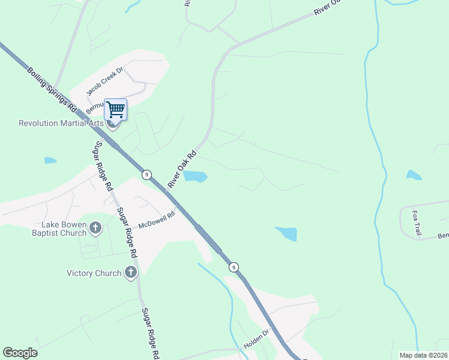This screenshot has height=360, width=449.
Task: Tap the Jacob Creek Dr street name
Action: [x=104, y=82]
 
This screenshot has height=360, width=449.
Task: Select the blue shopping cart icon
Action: [x=115, y=109]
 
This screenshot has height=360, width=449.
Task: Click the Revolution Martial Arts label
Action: [x=62, y=124]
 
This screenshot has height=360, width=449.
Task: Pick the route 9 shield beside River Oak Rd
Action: [x=146, y=174]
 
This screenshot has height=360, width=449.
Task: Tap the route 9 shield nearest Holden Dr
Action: [x=234, y=266]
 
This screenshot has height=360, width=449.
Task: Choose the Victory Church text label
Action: [x=94, y=273]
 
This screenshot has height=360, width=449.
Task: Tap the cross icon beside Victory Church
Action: [x=130, y=273]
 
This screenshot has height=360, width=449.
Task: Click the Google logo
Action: [x=20, y=353]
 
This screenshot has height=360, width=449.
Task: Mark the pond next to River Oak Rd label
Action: [x=194, y=176]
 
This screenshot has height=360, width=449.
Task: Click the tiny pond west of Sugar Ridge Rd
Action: [x=50, y=161]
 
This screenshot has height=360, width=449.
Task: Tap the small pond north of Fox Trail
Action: [x=414, y=175]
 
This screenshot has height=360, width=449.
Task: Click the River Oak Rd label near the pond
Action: [x=182, y=169]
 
